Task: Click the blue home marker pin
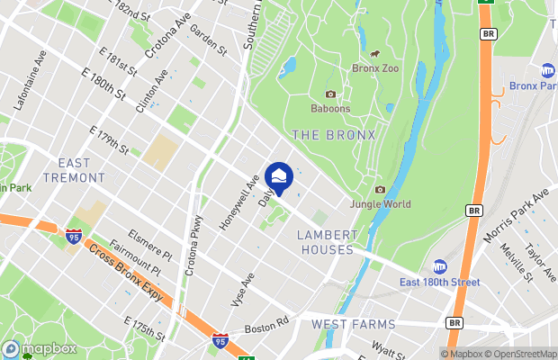(x=279, y=177)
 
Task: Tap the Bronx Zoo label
(x=374, y=68)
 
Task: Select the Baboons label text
(x=330, y=109)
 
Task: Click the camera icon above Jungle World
(x=380, y=189)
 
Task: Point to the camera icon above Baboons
(x=330, y=94)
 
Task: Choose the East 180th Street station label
(x=440, y=283)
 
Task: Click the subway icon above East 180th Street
(x=440, y=266)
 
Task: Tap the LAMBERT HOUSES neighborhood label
(x=328, y=242)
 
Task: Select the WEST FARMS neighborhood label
(x=353, y=324)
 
